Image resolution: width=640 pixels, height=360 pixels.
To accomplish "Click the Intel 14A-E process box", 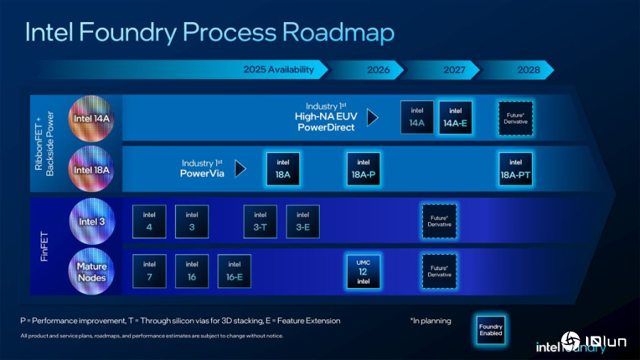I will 455,117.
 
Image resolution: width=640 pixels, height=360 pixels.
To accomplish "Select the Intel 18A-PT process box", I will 516,169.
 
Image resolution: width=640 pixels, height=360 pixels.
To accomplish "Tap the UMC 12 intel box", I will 363,271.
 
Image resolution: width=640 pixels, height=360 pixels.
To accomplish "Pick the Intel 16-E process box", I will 235,271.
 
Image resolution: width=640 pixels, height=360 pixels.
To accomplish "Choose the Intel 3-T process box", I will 260,221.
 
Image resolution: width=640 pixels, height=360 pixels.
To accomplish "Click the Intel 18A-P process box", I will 363,169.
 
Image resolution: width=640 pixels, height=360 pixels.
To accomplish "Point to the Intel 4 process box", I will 149,221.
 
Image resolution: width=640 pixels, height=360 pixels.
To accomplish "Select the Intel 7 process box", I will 149,271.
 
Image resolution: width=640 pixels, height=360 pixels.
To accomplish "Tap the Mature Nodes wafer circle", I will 92,272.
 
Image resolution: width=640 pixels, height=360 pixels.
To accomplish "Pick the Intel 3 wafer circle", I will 92,221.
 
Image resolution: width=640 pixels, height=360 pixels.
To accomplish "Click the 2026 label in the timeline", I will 378,70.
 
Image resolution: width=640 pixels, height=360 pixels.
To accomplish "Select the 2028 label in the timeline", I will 528,70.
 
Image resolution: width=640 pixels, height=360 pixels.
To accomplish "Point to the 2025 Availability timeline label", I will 278,70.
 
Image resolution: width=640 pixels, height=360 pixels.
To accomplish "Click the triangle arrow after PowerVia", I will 240,168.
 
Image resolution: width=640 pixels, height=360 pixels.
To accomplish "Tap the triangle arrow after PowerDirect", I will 372,117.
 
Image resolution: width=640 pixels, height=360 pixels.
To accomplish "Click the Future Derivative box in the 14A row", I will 516,118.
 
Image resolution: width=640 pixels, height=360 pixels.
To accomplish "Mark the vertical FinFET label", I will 45,246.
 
